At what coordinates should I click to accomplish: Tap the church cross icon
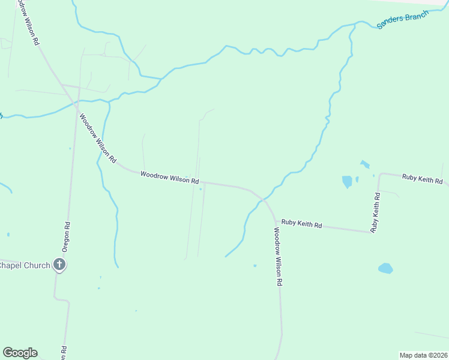click(x=59, y=264)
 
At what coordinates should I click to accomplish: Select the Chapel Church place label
click(x=25, y=265)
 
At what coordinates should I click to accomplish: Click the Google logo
click(x=20, y=353)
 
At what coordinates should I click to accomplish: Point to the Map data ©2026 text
click(x=423, y=355)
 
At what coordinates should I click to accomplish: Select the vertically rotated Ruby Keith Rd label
click(x=376, y=212)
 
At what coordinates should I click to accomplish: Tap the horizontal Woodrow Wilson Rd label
click(x=169, y=177)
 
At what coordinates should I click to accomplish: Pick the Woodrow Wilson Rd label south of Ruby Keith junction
click(x=277, y=256)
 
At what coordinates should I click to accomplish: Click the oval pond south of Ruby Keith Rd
click(x=385, y=268)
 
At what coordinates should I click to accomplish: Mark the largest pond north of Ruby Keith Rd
click(x=347, y=181)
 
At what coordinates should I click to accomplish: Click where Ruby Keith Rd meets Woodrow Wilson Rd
click(x=275, y=220)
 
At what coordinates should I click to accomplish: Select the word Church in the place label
click(x=37, y=265)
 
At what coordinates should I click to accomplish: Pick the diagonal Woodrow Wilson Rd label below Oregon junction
click(x=97, y=139)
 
